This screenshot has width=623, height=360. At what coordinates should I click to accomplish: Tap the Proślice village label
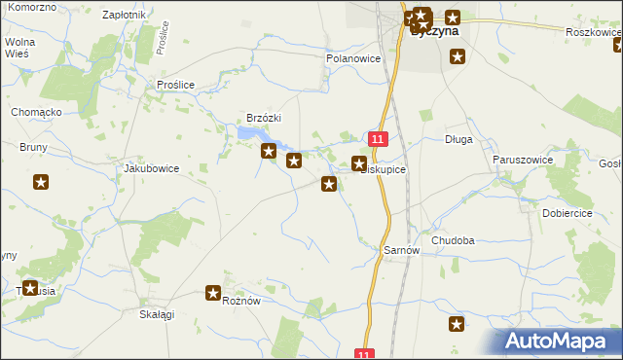click(176, 85)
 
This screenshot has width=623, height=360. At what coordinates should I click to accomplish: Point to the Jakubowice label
click(151, 167)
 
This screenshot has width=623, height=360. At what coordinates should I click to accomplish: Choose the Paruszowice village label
click(523, 159)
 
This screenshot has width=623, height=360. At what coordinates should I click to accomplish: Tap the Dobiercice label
click(570, 212)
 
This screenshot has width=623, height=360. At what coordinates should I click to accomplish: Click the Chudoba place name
click(453, 240)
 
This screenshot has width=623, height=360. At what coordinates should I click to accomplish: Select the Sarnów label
click(401, 250)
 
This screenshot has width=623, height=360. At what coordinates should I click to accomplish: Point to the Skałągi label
click(157, 314)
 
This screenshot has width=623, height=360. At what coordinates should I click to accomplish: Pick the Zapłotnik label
click(124, 16)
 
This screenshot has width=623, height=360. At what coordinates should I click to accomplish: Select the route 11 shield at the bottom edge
click(364, 354)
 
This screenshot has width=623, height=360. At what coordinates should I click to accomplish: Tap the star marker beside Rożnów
click(214, 292)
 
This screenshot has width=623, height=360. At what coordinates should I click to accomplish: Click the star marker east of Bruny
click(41, 182)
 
